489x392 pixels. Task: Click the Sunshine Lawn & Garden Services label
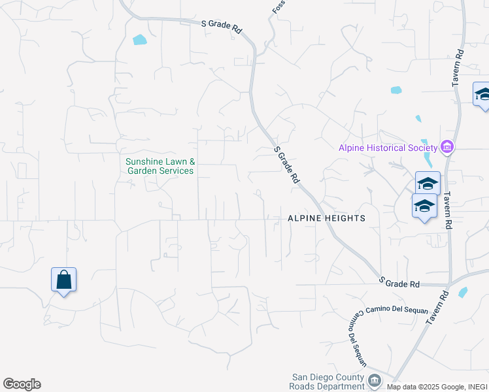160,166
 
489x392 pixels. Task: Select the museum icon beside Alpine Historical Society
447,147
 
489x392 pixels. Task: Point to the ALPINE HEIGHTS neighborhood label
326,218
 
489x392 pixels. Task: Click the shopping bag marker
64,280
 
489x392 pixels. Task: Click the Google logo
22,384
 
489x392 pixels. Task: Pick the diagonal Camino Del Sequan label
355,339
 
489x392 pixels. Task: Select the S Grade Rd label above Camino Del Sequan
400,282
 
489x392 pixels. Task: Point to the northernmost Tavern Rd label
458,67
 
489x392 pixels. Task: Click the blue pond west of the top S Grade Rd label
140,39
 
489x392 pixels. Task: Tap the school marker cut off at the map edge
482,95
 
